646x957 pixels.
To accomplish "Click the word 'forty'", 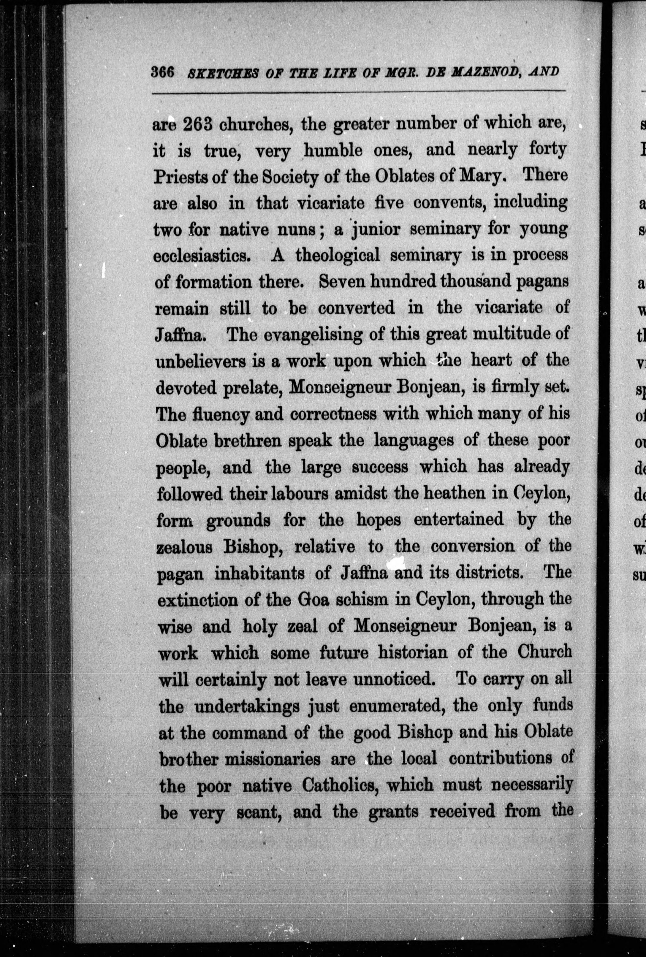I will tap(545, 150).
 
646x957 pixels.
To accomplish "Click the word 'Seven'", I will tap(340, 282).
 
